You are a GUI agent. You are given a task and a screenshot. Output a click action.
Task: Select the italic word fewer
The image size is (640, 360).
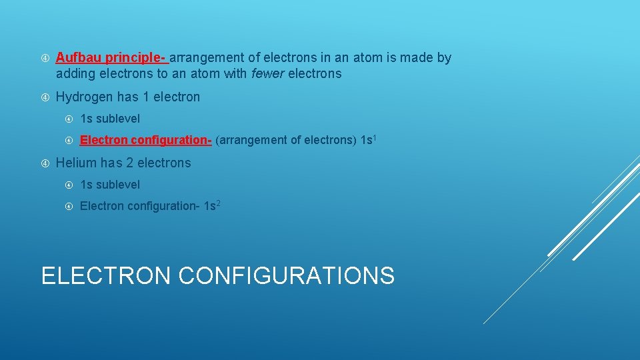[x=267, y=74]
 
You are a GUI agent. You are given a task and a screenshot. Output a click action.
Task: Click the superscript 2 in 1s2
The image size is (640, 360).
[x=217, y=203]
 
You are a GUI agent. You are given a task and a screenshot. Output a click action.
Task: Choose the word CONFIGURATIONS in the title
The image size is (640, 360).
[x=287, y=275]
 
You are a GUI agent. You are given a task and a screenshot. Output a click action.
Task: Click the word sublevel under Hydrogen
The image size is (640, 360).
[x=118, y=119]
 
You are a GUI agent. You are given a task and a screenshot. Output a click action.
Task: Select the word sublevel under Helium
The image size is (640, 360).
[x=118, y=185]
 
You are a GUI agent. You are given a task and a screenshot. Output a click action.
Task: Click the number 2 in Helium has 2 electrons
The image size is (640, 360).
[x=130, y=163]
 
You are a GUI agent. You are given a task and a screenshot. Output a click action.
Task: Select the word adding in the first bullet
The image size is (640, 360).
[x=75, y=74]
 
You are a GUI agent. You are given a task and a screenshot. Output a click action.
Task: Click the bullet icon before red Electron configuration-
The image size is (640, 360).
[x=69, y=140]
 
